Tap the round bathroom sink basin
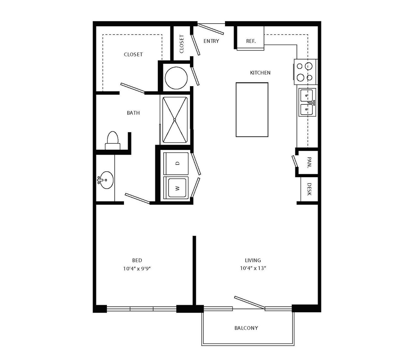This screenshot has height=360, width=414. click(107, 180)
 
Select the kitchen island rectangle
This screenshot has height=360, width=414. click(252, 110)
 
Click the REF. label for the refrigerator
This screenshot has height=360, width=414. click(251, 41)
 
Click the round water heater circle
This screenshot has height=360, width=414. click(176, 78)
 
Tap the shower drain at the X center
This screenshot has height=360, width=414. click(175, 120)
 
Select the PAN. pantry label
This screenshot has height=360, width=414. click(309, 163)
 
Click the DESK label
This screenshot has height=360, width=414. click(309, 189)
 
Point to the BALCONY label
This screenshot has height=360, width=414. click(246, 328)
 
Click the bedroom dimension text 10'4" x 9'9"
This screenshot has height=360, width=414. click(137, 269)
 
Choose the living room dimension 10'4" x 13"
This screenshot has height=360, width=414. click(253, 268)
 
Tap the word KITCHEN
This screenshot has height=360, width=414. click(260, 72)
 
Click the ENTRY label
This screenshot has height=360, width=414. click(211, 41)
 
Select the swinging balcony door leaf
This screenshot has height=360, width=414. click(249, 303)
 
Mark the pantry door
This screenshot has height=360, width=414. click(295, 161)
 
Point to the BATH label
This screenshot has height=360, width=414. click(133, 113)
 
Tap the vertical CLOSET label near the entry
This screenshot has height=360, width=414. click(182, 44)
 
